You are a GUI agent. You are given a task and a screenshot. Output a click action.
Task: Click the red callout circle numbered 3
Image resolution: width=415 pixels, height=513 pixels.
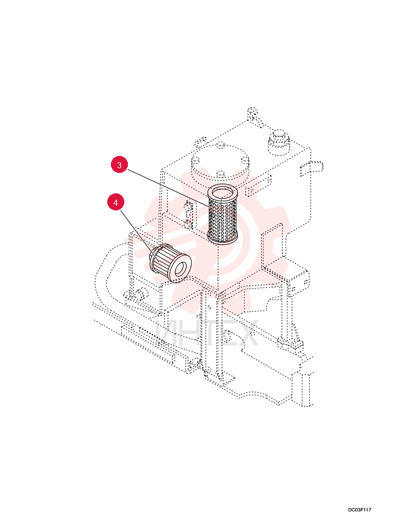point(119,165)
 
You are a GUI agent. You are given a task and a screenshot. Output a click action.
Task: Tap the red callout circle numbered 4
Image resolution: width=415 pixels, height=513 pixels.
point(116,203)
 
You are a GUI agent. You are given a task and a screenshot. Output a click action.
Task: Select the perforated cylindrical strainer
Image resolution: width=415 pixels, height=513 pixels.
point(223,214)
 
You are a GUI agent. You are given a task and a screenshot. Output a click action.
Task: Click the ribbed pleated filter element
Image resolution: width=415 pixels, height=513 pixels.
point(169,263)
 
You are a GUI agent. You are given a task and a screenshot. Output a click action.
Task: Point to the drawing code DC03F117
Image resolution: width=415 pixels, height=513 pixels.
point(360,509)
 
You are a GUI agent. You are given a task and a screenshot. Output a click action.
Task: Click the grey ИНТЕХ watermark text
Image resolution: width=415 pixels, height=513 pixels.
point(207,333)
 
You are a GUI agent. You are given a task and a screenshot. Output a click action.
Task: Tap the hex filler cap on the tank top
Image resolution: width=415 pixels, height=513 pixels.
point(279,142)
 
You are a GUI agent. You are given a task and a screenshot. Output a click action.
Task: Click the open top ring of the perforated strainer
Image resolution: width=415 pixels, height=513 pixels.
point(223,191)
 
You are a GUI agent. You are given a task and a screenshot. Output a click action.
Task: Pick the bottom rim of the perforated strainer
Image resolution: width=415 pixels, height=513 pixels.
point(223,240)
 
